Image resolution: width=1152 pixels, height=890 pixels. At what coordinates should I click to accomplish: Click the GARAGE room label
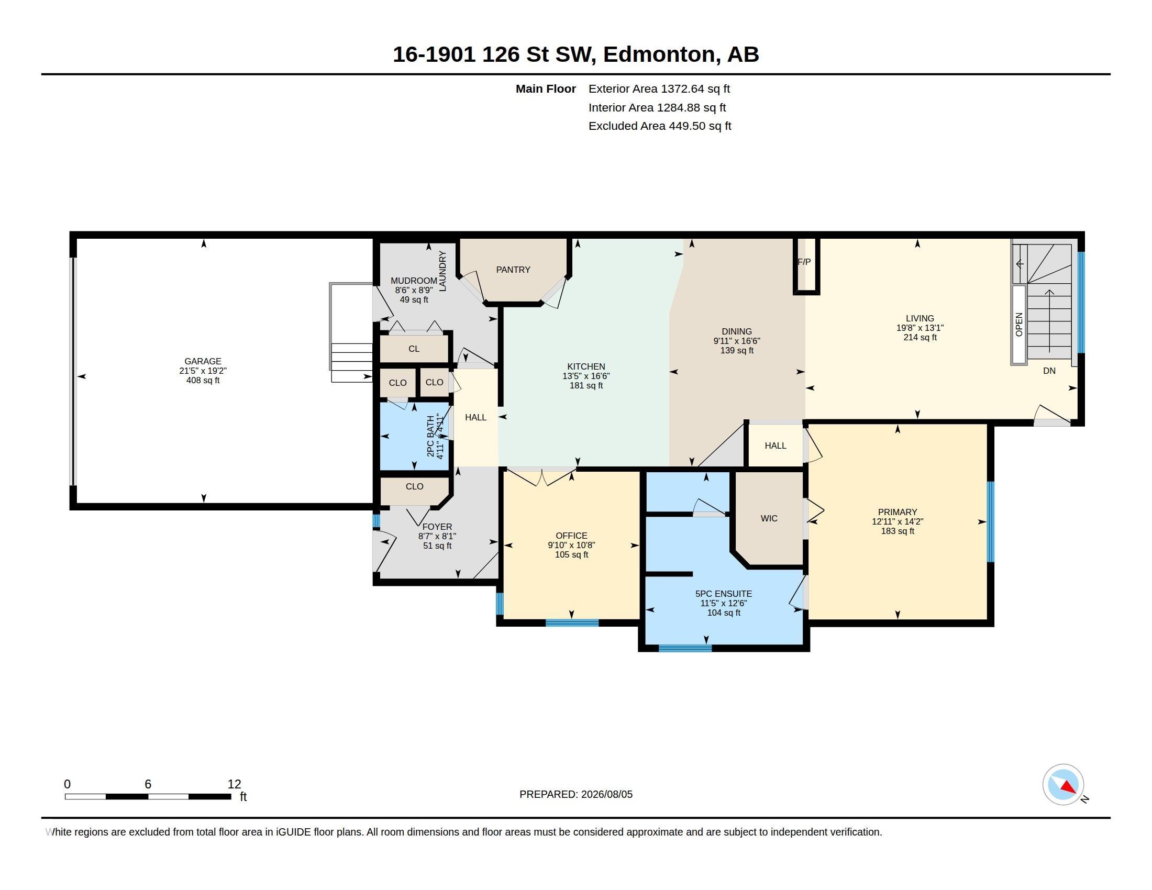click(203, 361)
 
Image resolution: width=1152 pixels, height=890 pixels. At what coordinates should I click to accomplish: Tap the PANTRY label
click(513, 270)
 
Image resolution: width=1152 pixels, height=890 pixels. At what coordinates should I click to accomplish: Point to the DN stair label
click(1049, 371)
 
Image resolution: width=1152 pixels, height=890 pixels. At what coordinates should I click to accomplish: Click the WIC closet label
click(769, 518)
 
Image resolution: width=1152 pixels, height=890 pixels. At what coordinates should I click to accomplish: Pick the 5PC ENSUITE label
click(724, 594)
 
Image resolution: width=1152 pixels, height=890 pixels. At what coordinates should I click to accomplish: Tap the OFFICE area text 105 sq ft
click(571, 554)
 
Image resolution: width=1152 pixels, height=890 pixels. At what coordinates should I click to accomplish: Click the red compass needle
click(1069, 787)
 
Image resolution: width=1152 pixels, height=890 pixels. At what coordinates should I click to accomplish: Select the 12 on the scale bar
click(234, 784)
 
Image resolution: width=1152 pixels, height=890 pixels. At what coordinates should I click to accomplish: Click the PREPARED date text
click(576, 794)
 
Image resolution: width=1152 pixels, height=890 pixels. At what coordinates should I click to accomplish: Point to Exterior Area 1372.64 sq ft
click(659, 88)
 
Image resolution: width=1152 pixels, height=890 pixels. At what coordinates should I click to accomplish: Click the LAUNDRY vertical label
click(442, 271)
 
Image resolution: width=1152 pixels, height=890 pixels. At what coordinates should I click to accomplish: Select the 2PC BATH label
click(431, 436)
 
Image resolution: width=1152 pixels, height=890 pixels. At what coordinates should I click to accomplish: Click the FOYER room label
click(437, 527)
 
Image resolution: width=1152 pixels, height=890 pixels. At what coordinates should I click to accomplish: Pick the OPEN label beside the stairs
click(1019, 324)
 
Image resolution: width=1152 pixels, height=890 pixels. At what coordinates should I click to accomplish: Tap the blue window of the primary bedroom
click(991, 522)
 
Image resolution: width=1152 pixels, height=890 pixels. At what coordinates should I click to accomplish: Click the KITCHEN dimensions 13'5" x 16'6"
click(586, 376)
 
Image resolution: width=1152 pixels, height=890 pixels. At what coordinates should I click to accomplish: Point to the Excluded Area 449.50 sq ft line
click(660, 126)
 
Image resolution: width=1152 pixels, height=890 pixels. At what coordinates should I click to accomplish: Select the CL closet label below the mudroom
click(414, 349)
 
